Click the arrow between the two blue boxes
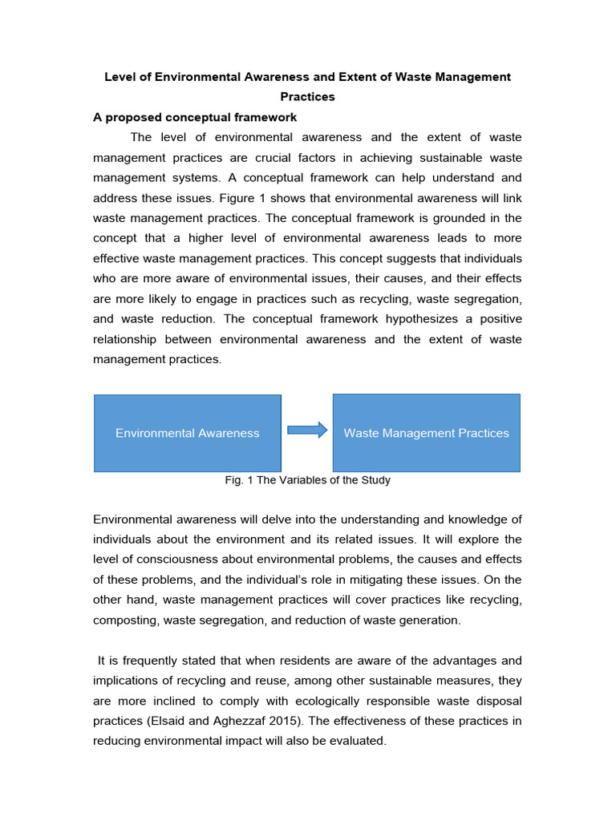(307, 430)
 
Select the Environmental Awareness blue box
(188, 433)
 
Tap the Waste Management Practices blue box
(426, 433)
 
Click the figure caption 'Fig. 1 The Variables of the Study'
(307, 480)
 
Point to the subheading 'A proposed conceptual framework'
(195, 117)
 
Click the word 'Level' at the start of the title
(120, 77)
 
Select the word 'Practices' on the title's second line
(307, 97)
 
